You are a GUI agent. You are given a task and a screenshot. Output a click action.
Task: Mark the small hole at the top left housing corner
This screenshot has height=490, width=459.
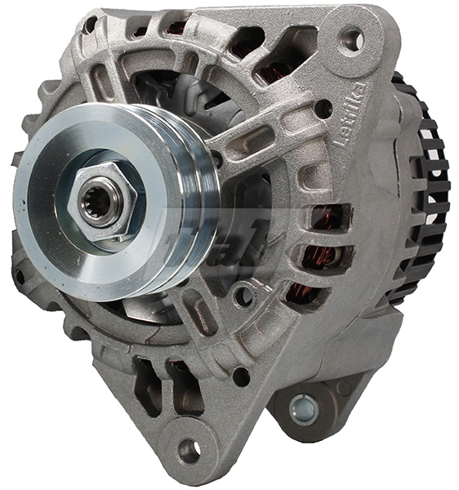(x=90, y=26)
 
